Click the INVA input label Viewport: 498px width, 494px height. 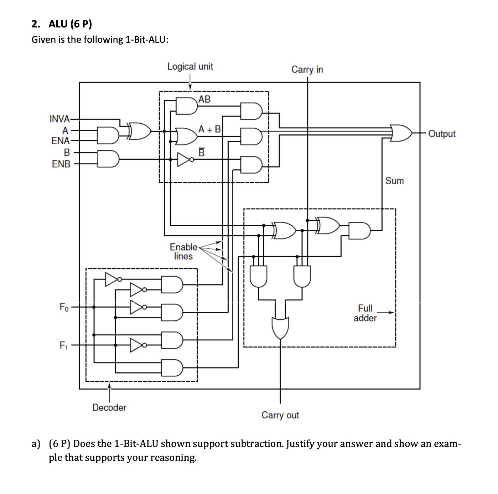pyautogui.click(x=59, y=119)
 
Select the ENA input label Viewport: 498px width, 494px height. pyautogui.click(x=61, y=141)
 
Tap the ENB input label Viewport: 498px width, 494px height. pyautogui.click(x=61, y=164)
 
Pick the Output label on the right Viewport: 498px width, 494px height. pyautogui.click(x=442, y=134)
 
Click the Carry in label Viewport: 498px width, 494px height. pyautogui.click(x=307, y=70)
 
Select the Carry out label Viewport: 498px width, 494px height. pyautogui.click(x=280, y=415)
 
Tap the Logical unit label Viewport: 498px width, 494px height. pyautogui.click(x=190, y=67)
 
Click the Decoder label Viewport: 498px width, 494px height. pyautogui.click(x=109, y=407)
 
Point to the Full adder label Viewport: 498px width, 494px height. pyautogui.click(x=365, y=313)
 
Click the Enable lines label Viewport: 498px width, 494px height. pyautogui.click(x=183, y=252)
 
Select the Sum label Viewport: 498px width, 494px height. pyautogui.click(x=394, y=181)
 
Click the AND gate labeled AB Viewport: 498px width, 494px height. pyautogui.click(x=187, y=106)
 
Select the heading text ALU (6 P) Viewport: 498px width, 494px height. pyautogui.click(x=70, y=24)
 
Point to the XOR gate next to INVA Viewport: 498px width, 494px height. pyautogui.click(x=140, y=131)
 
